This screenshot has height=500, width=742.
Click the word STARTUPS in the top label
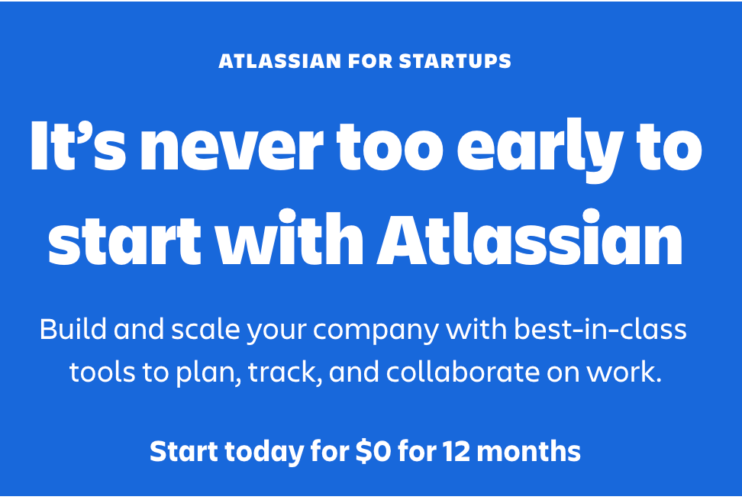pos(455,61)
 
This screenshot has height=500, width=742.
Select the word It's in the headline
pos(78,145)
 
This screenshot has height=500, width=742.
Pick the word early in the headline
pos(540,150)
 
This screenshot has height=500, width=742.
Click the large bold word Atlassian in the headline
pos(530,237)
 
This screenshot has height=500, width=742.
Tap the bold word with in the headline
pos(289,237)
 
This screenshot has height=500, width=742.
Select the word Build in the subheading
pos(73,329)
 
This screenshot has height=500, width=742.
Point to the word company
pos(376,331)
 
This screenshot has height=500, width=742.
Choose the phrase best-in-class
pos(601,329)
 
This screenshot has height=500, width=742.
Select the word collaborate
pos(463,372)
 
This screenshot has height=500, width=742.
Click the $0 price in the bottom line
pos(374,451)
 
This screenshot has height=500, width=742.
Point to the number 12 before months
pos(456,451)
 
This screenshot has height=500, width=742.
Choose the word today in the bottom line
pos(264,452)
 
